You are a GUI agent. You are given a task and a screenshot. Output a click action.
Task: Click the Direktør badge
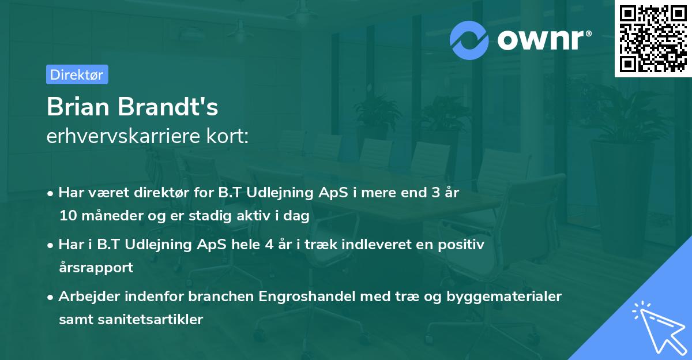(77, 74)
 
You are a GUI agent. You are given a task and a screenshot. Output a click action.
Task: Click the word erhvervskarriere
(128, 136)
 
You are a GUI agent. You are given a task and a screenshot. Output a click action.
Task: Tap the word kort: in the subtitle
(231, 136)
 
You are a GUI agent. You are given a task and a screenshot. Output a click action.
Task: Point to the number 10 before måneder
(67, 216)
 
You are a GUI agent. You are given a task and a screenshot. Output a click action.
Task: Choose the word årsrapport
(96, 268)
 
